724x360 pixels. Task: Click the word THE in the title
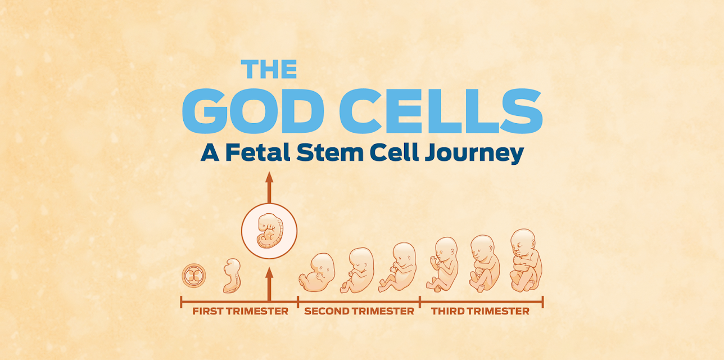(x=269, y=69)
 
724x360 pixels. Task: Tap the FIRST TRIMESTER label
(x=240, y=311)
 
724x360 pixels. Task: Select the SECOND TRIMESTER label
(x=359, y=311)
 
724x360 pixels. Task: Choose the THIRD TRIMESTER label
(x=480, y=311)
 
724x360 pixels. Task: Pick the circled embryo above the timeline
(x=269, y=231)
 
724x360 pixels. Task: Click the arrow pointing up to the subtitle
(x=269, y=187)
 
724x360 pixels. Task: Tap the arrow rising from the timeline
(x=269, y=281)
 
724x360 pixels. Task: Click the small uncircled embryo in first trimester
(x=232, y=276)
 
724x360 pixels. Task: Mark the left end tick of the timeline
(x=181, y=302)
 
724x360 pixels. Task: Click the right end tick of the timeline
(x=542, y=302)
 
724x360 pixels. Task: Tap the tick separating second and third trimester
(x=420, y=302)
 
